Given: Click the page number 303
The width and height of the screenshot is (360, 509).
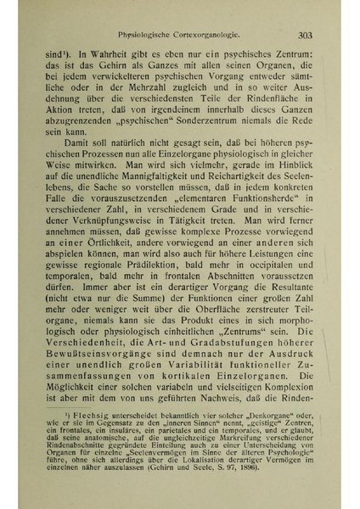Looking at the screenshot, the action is point(307,36).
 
